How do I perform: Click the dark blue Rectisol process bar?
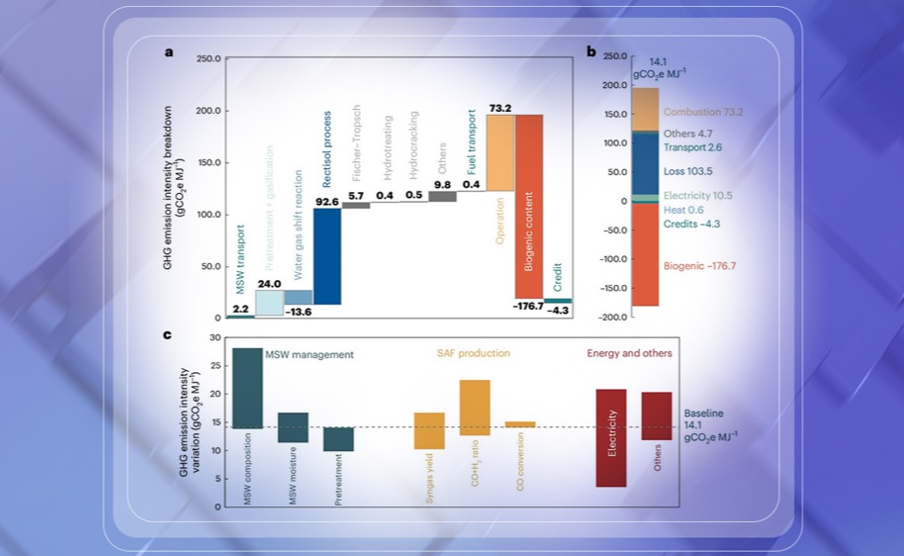[x=327, y=255]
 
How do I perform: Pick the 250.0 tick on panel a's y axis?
[x=208, y=59]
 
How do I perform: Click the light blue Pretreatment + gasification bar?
[x=269, y=303]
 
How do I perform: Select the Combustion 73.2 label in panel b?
[x=703, y=112]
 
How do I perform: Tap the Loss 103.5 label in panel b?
[x=685, y=170]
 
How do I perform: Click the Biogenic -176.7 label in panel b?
[x=699, y=266]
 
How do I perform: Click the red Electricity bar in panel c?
[x=611, y=437]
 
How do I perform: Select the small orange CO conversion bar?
[x=520, y=424]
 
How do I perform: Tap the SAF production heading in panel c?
[x=474, y=353]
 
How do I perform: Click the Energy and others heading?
[x=629, y=353]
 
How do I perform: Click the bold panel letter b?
[x=591, y=51]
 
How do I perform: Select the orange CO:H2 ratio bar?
[x=475, y=408]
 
